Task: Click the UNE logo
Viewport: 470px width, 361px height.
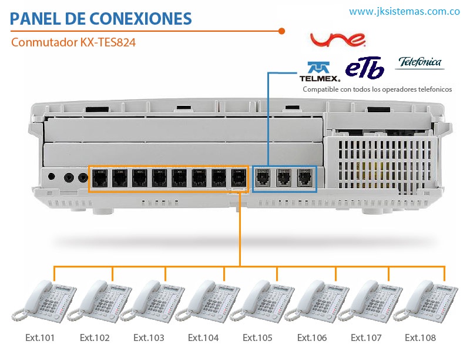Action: pyautogui.click(x=338, y=39)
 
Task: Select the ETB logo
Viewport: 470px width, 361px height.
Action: pyautogui.click(x=365, y=67)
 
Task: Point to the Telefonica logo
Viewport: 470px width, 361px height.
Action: pyautogui.click(x=419, y=62)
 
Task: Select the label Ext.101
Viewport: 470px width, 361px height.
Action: pyautogui.click(x=40, y=337)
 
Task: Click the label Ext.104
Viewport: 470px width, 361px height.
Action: pyautogui.click(x=203, y=337)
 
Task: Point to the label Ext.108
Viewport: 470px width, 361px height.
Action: pyautogui.click(x=421, y=337)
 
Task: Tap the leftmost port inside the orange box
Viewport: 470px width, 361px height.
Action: pyautogui.click(x=101, y=176)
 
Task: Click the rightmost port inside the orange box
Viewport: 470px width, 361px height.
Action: pyautogui.click(x=238, y=176)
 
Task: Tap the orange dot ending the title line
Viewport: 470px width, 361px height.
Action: pyautogui.click(x=282, y=31)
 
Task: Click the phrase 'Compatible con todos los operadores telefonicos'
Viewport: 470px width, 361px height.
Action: pyautogui.click(x=377, y=89)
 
